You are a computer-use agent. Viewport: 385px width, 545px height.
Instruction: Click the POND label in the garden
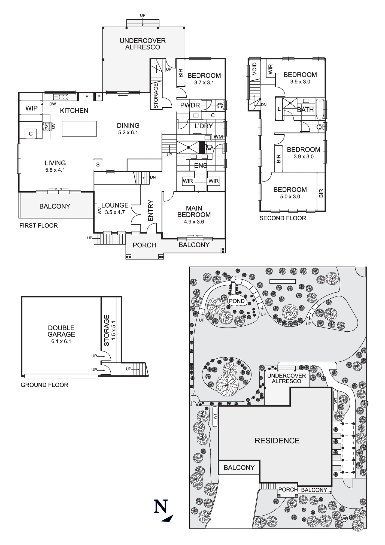coord(237,301)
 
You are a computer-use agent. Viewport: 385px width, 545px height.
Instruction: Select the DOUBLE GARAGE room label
coord(61,331)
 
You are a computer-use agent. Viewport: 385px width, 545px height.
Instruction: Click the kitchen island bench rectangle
coord(79,129)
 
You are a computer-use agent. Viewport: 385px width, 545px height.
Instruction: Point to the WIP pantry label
coord(32,108)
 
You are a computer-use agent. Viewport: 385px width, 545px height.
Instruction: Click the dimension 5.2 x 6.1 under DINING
coord(128,133)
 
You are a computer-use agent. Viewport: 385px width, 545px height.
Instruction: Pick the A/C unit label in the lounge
coord(99,210)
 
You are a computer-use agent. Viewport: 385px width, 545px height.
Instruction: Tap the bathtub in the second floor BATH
coord(320,109)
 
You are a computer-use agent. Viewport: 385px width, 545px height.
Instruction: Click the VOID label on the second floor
coord(254,69)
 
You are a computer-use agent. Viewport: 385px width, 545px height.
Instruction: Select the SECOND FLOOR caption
coord(283,218)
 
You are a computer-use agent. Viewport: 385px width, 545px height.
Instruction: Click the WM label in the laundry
coord(218,137)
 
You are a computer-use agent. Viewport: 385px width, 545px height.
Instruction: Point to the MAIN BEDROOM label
coord(194,211)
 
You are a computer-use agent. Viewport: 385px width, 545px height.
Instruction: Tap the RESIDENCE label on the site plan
coord(277,441)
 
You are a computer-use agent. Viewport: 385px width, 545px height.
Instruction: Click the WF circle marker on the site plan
coord(344,519)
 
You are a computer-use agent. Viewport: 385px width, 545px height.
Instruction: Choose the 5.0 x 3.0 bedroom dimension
coord(290,197)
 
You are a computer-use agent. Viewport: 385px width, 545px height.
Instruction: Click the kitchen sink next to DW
coord(60,97)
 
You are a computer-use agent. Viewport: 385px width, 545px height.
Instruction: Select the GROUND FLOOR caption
coord(44,385)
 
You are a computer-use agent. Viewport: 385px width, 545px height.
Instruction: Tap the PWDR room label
coord(190,105)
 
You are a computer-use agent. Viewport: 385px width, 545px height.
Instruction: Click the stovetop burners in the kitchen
coord(46,127)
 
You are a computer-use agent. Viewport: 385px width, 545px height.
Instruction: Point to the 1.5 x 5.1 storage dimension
coord(114,330)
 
